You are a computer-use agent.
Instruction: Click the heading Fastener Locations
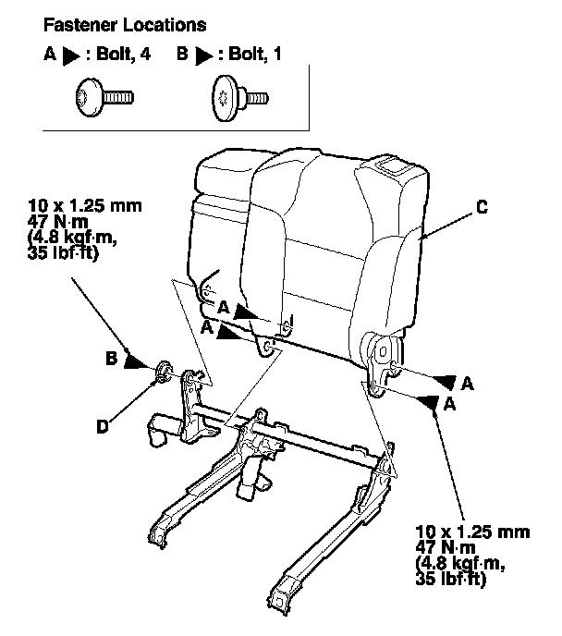pyautogui.click(x=125, y=25)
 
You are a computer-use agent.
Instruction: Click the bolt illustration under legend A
pyautogui.click(x=104, y=98)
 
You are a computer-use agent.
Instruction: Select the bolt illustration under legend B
pyautogui.click(x=239, y=98)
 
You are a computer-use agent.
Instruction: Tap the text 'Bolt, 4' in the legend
pyautogui.click(x=123, y=54)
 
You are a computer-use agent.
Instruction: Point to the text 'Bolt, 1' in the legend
pyautogui.click(x=255, y=54)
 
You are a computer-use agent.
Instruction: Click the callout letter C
pyautogui.click(x=482, y=207)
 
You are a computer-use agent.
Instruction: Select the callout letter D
pyautogui.click(x=103, y=426)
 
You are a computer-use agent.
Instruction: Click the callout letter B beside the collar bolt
pyautogui.click(x=112, y=358)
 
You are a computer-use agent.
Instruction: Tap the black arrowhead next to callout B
pyautogui.click(x=136, y=361)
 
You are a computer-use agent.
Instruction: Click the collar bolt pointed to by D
pyautogui.click(x=164, y=372)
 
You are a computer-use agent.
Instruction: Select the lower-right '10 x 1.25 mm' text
pyautogui.click(x=472, y=532)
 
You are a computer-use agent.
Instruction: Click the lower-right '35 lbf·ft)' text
pyautogui.click(x=450, y=579)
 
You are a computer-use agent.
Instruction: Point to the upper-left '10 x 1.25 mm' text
pyautogui.click(x=85, y=206)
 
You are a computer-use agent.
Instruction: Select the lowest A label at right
pyautogui.click(x=449, y=404)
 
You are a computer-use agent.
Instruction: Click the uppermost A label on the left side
pyautogui.click(x=224, y=308)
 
